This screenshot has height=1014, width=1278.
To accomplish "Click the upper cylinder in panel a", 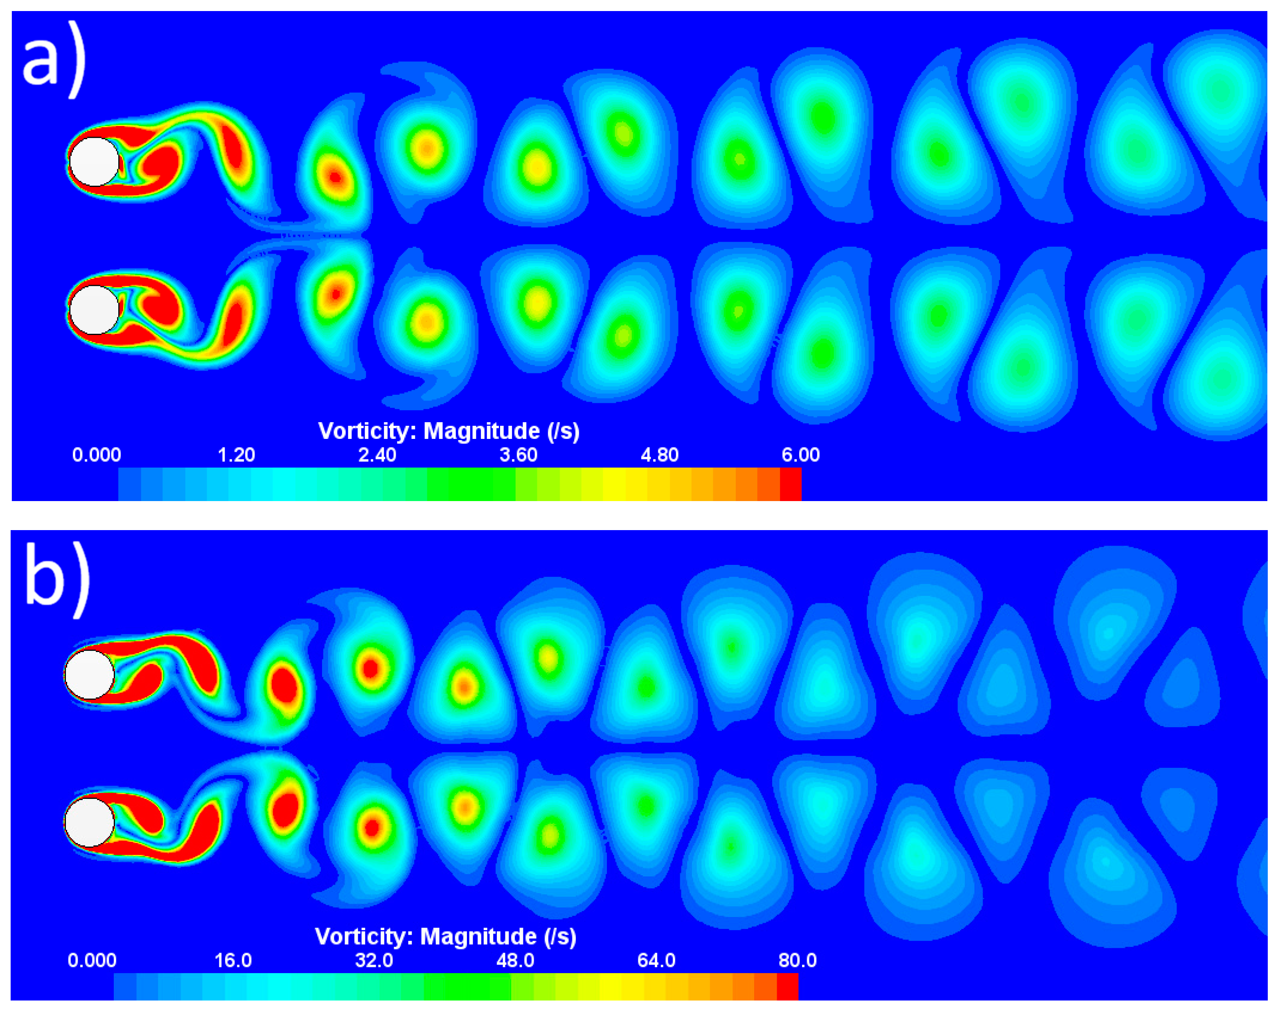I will (x=94, y=161).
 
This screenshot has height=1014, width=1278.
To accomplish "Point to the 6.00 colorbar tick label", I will (x=800, y=454).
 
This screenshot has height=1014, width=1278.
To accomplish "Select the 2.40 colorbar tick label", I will (x=377, y=454).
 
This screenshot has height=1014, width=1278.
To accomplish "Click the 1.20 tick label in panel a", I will (x=236, y=454).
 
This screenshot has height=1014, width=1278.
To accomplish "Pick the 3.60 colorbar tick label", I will (x=518, y=454).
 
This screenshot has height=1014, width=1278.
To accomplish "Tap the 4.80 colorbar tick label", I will (x=659, y=454).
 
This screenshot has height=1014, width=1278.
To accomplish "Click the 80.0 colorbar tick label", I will (x=797, y=960).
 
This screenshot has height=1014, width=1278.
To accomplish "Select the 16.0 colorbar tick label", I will (x=233, y=960).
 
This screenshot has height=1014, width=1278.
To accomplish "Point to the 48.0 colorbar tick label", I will (x=515, y=960).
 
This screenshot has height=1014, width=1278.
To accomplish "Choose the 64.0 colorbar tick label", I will (x=656, y=960).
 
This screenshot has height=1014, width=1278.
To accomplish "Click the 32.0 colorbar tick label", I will (x=374, y=960).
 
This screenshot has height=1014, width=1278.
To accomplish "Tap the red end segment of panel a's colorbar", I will (x=790, y=484).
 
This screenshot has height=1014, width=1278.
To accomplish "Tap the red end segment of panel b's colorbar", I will (x=787, y=986).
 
